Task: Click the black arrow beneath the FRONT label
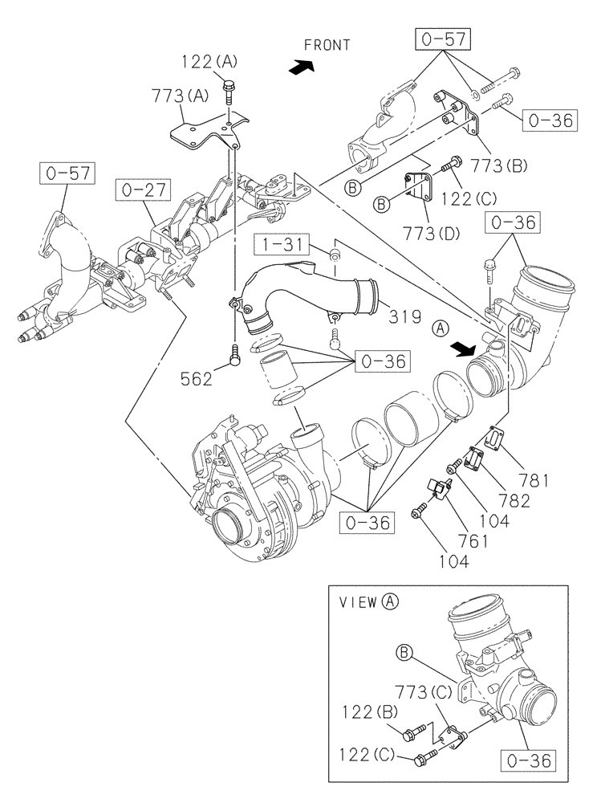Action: point(299,69)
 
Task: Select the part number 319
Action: point(405,316)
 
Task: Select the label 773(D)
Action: point(431,234)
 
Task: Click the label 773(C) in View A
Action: point(423,689)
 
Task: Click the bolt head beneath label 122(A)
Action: point(231,86)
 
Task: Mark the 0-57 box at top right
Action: point(441,39)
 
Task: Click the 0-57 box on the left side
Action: point(65,171)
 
